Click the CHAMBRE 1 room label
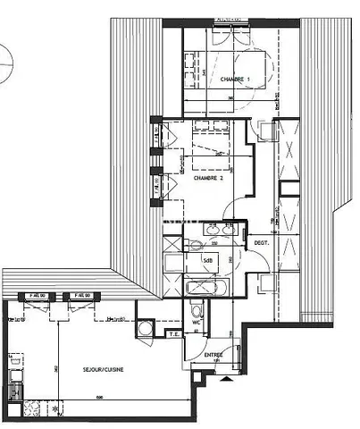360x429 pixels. [x=235, y=80]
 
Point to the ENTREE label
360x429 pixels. [x=214, y=355]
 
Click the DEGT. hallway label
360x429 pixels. [x=262, y=242]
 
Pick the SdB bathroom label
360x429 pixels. [x=208, y=260]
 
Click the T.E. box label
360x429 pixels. [x=174, y=334]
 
